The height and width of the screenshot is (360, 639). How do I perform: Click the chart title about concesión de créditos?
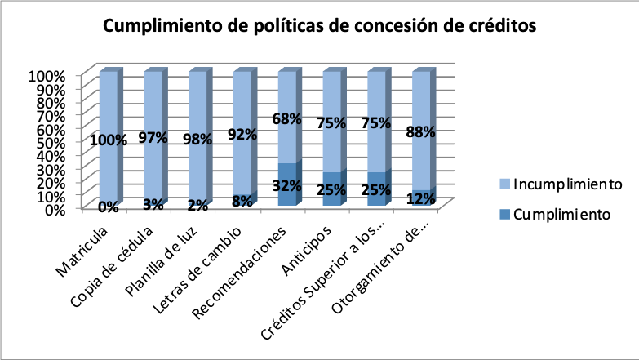[319, 26]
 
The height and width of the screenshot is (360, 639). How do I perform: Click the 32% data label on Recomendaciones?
[287, 184]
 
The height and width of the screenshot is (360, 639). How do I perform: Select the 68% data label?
[287, 119]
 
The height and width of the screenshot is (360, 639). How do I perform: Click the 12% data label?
[421, 199]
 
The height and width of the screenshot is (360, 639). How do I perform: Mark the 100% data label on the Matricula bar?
[109, 140]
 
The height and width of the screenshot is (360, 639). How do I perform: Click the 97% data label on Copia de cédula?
[153, 138]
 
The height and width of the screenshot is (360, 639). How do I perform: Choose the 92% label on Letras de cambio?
[242, 135]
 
